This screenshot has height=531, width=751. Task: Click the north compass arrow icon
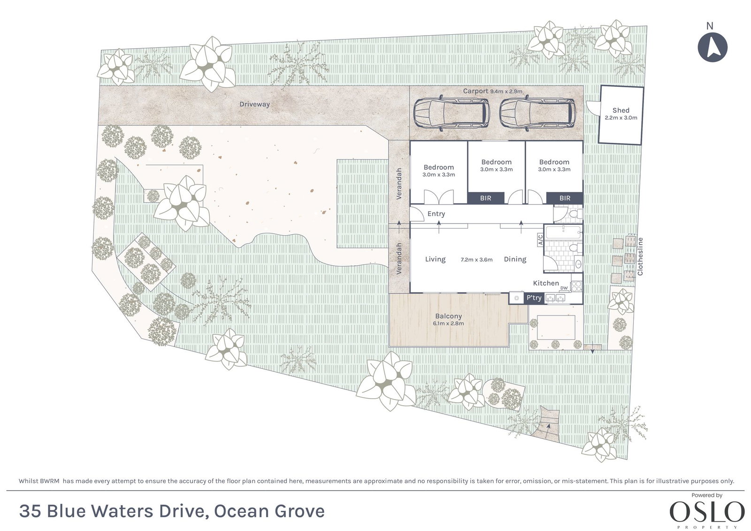point(713,47)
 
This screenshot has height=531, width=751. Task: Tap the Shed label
point(621,110)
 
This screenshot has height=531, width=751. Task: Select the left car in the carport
point(451,113)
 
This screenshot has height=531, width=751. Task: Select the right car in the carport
point(538,113)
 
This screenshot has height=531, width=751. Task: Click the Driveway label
point(254,104)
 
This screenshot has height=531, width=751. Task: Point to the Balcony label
point(449,316)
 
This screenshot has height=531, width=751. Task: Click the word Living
point(435,259)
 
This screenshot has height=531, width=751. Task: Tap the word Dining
point(515,259)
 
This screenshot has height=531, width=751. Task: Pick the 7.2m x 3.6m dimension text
point(476,260)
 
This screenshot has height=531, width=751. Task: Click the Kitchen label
point(546,283)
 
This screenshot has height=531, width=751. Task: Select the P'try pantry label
point(534,298)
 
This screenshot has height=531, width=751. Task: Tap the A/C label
point(540,240)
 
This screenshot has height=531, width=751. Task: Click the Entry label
point(436,214)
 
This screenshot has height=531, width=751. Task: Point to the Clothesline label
point(640,257)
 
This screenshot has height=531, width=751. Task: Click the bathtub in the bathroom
point(563,232)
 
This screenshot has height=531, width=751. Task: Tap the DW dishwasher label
point(564,288)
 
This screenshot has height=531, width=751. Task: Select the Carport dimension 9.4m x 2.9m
point(506,91)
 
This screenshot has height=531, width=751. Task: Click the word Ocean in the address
point(241,511)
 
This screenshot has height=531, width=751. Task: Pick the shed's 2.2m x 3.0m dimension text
point(621,118)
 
